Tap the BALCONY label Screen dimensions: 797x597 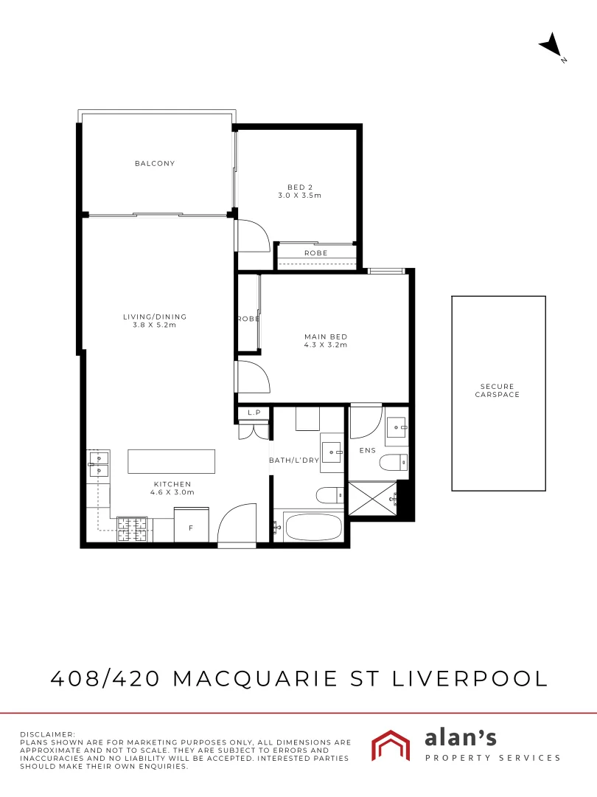155,163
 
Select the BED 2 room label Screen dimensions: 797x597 299,191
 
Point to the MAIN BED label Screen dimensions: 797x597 325,340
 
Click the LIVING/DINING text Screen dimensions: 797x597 155,320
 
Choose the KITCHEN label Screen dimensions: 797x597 173,488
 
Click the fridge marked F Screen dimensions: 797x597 191,527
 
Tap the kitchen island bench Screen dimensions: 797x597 172,461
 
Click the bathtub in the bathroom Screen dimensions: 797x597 313,528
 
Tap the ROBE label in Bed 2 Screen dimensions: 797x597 315,253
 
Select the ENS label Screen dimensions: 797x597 368,449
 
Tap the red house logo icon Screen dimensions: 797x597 391,745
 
